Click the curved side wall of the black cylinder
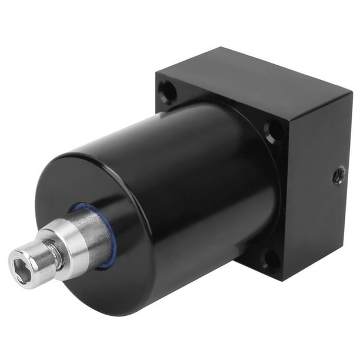point(194,165)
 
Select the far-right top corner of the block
point(352,89)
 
